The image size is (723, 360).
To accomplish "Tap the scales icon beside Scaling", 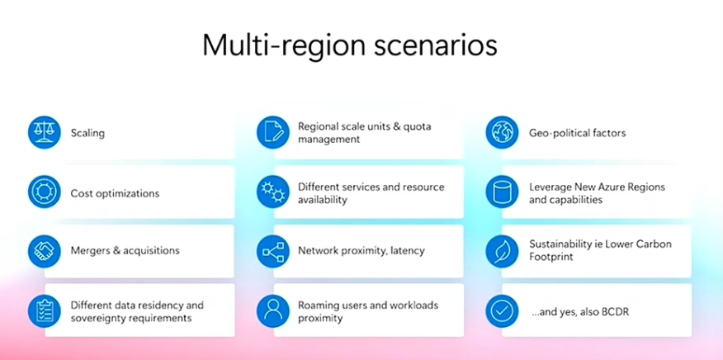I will (45, 132).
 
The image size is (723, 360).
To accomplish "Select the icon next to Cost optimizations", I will (45, 192).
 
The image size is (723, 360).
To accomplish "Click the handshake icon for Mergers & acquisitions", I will (45, 250).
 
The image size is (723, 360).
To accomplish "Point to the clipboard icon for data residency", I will (45, 310).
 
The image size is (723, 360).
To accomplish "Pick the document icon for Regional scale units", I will (273, 132).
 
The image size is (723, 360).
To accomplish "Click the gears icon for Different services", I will (273, 192).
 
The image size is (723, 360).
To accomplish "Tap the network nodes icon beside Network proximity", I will (273, 250).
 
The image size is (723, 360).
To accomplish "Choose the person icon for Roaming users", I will (273, 310).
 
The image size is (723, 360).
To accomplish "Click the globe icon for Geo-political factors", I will (502, 132).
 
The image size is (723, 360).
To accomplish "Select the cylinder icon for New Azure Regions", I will (502, 192).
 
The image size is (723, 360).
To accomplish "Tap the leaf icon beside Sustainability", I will (502, 250).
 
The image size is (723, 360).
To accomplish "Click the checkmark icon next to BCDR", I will (502, 310).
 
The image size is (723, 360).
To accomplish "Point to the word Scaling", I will (87, 133).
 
